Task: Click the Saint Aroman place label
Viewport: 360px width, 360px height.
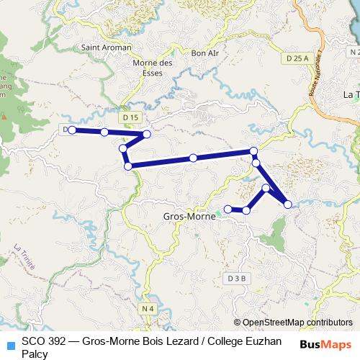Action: (x=107, y=48)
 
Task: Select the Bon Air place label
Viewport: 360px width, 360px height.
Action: (x=204, y=53)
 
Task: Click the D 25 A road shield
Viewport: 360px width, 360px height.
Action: (x=297, y=58)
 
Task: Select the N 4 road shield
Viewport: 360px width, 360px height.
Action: (x=148, y=309)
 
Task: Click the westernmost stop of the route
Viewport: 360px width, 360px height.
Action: (x=72, y=130)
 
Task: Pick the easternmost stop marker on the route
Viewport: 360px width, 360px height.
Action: (x=288, y=204)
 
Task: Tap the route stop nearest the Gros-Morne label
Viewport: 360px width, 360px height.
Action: (x=228, y=209)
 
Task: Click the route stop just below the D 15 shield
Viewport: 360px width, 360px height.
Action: (x=147, y=134)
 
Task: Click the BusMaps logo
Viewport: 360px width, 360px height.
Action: (x=325, y=343)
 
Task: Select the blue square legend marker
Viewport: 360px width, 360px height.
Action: (x=9, y=344)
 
